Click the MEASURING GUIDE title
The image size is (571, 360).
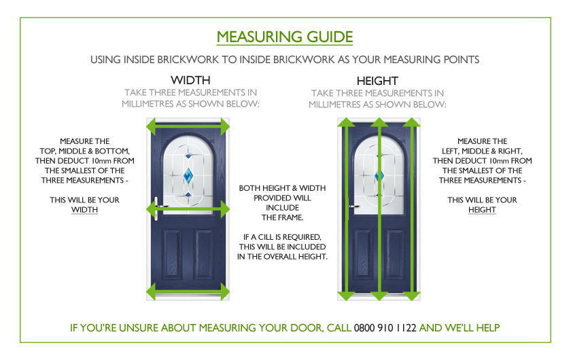coord(285,37)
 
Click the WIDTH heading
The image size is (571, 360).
coord(190,80)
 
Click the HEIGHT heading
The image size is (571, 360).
coord(377,81)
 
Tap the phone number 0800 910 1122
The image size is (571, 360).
coord(385,327)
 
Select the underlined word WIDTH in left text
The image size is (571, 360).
coord(85,210)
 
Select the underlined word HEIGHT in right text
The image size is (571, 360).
coord(482,210)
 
